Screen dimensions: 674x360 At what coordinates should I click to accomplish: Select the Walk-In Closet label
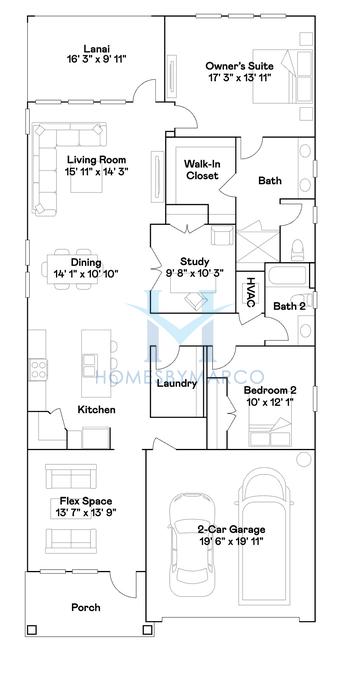click(202, 170)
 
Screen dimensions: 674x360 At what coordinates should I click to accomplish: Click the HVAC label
click(250, 292)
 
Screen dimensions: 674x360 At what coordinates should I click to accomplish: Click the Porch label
click(86, 607)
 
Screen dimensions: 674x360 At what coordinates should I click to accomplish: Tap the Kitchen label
click(97, 410)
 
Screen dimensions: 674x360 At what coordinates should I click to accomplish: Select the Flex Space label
click(85, 501)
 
